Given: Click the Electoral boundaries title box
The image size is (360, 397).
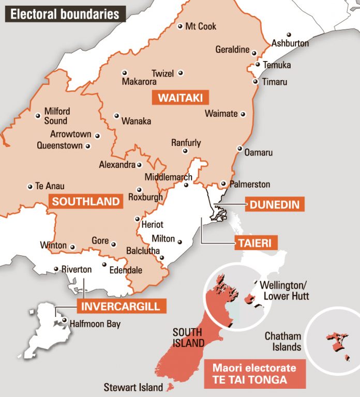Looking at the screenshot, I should [x=65, y=13].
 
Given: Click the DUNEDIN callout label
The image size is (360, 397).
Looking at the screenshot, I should [x=274, y=204].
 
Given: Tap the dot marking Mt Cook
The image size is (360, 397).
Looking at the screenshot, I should [x=180, y=26].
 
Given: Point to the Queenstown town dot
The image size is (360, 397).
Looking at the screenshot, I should [x=87, y=146].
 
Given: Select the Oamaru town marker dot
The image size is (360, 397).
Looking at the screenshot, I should [x=239, y=149].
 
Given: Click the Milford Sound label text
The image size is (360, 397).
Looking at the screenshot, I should [x=56, y=116].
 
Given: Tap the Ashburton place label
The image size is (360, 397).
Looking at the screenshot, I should [x=290, y=43].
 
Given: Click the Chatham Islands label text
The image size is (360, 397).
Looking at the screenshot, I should [x=283, y=341].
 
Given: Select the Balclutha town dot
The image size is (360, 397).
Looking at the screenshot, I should [x=162, y=258].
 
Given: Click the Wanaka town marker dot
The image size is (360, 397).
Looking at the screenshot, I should [x=116, y=116].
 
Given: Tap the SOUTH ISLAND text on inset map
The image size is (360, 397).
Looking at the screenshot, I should [x=188, y=337].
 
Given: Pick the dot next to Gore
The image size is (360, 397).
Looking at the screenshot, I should [x=114, y=245].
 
